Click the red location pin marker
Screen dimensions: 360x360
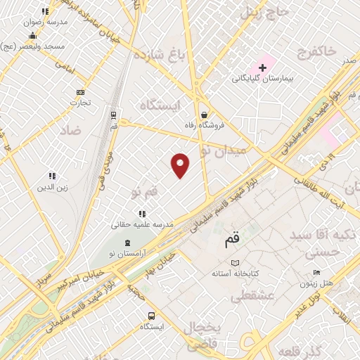click(x=181, y=165)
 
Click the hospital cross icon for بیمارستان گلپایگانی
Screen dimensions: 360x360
click(x=264, y=68)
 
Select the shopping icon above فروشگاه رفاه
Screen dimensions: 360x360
click(x=203, y=115)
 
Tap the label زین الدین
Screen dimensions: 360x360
click(x=52, y=188)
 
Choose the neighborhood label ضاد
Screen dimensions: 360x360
click(x=71, y=131)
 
